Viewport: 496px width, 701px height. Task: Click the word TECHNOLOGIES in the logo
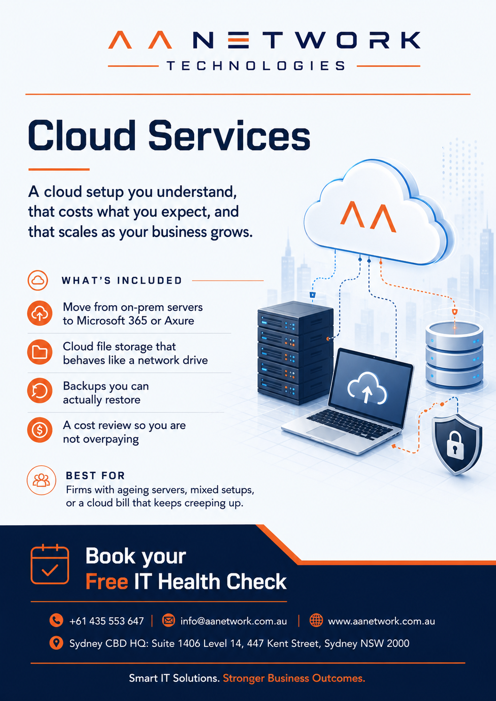coord(256,66)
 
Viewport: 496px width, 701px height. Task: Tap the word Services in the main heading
coord(229,136)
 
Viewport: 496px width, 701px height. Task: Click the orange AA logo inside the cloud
coord(368,216)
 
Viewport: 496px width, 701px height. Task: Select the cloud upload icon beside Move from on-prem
coord(39,313)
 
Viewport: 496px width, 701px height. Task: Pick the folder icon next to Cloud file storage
coord(39,352)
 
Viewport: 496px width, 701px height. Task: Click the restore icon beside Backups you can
coord(39,391)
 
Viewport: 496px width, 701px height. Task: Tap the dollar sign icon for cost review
coord(39,430)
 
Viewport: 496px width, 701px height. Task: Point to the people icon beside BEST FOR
coord(41,480)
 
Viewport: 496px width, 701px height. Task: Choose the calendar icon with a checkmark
coord(50,564)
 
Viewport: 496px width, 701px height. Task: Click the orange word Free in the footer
coord(107,582)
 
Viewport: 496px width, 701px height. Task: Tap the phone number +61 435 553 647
coord(106,621)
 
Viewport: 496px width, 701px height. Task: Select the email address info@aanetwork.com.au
coord(234,621)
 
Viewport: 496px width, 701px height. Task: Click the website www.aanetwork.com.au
coord(381,621)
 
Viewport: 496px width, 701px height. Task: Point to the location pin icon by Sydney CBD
coord(56,644)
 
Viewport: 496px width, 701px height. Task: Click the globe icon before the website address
coord(316,620)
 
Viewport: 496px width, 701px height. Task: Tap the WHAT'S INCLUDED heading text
coord(122,280)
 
